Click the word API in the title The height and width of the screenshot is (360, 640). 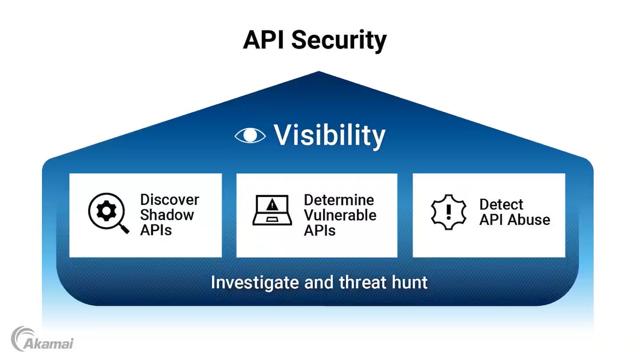pos(264,40)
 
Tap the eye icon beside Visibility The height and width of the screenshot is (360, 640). pos(250,136)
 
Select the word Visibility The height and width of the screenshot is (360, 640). pos(329,136)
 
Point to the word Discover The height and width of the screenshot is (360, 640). pos(170,200)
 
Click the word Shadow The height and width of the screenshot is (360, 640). pos(167,215)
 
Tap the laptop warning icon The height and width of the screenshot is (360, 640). pos(272,210)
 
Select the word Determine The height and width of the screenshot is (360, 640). pos(339,200)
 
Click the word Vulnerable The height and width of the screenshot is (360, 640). pos(340,215)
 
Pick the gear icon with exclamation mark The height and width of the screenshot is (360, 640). pos(449,212)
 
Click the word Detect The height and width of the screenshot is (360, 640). pos(501,204)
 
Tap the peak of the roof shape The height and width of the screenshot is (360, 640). pos(319,72)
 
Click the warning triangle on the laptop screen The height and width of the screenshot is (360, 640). pos(272,205)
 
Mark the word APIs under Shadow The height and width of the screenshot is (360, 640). pos(156,230)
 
